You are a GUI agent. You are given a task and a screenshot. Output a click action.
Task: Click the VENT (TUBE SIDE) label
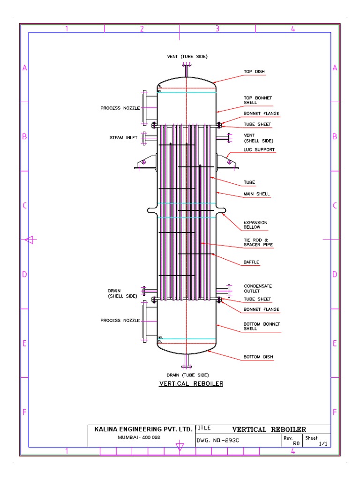coord(187,56)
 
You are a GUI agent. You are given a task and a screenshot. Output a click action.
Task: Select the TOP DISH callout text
coord(254,72)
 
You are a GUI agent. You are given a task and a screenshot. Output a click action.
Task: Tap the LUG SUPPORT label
coord(259,150)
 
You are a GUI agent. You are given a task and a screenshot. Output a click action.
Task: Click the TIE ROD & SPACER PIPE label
coord(258,242)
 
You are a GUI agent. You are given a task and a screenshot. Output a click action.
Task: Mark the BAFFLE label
coord(251,262)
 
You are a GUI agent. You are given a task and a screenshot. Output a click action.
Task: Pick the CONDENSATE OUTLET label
coord(257,288)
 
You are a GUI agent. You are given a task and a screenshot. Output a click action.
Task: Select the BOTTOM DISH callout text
coord(258,357)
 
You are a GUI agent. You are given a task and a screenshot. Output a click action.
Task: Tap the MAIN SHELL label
coord(256,194)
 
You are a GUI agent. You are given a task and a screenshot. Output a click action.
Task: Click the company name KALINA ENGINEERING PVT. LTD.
coord(143,429)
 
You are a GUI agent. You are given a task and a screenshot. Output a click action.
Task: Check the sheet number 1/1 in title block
coord(322,443)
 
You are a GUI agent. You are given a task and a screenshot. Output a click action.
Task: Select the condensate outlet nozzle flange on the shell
coord(229,291)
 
